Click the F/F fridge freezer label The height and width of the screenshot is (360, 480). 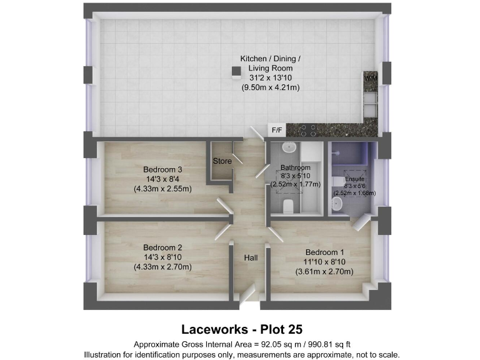pos(276,130)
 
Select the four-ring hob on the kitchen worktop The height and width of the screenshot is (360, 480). pos(307,130)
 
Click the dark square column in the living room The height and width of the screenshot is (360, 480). pos(236,72)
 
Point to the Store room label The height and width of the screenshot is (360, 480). pos(222,161)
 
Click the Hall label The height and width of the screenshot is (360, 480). pos(251,257)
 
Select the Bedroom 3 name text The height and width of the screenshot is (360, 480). pos(162,169)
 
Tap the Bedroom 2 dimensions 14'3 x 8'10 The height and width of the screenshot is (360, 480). pos(162,256)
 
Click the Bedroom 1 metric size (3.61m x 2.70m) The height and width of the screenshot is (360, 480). pos(324,272)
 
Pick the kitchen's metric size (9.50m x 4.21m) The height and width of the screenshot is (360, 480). pos(271,88)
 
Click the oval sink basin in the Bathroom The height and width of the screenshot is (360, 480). pos(289,148)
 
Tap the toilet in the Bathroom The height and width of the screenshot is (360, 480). pos(289,206)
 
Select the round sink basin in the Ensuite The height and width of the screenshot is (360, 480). pos(338,204)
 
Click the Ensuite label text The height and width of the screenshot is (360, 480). pos(354,179)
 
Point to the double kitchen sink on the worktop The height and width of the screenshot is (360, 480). pos(370,103)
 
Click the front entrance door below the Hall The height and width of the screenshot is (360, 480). pos(248,294)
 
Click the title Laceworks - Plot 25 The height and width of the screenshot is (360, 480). pos(241,328)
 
